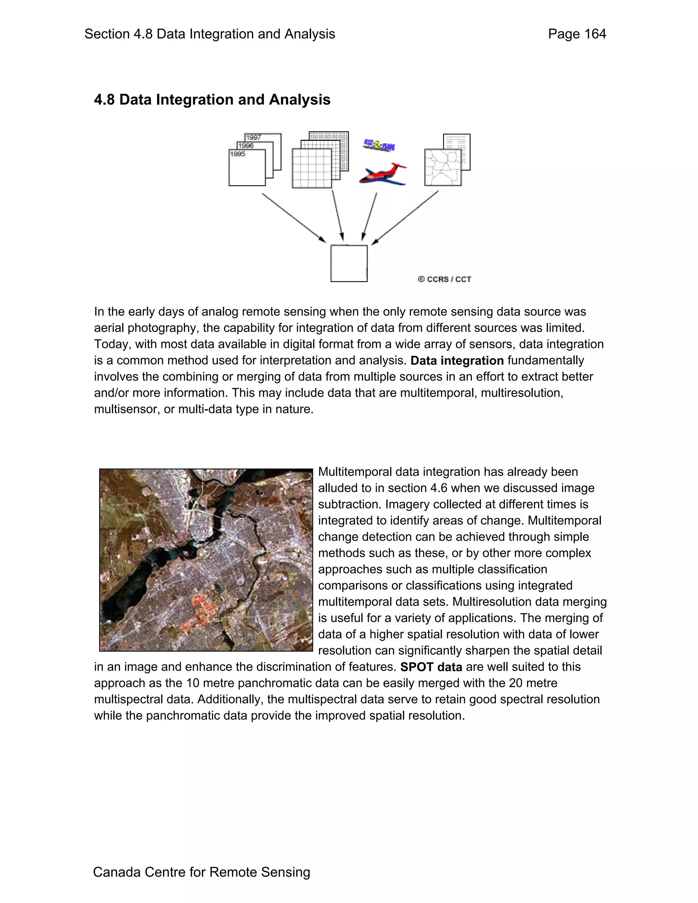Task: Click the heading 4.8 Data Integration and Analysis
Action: pyautogui.click(x=212, y=100)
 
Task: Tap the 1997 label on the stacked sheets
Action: pyautogui.click(x=254, y=137)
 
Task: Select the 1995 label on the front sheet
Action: pyautogui.click(x=238, y=154)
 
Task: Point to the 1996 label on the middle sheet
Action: pyautogui.click(x=246, y=146)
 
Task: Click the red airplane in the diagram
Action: pyautogui.click(x=383, y=174)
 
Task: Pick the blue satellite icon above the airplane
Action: pyautogui.click(x=379, y=146)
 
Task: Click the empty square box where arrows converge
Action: pyautogui.click(x=349, y=263)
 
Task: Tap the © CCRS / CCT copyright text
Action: pyautogui.click(x=444, y=279)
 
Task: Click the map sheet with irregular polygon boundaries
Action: pyautogui.click(x=442, y=167)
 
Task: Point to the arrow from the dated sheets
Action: pyautogui.click(x=293, y=217)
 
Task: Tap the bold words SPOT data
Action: pyautogui.click(x=431, y=667)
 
